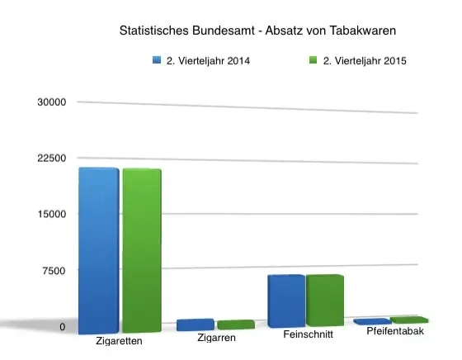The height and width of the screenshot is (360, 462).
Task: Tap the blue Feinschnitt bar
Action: (285, 301)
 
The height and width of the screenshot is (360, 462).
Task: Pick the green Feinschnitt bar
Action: (324, 301)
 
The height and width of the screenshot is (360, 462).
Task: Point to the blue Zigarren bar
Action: (195, 324)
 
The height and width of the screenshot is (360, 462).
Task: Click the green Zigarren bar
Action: (235, 324)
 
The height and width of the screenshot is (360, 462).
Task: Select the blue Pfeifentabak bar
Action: (372, 321)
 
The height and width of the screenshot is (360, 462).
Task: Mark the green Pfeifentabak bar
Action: (409, 320)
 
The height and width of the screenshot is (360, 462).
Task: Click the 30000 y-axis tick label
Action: (51, 102)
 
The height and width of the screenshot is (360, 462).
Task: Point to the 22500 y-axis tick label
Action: (51, 158)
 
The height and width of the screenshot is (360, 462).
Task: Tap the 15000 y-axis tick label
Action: (51, 214)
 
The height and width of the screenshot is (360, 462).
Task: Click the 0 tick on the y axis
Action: (62, 327)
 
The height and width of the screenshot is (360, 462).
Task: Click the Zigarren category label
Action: (218, 339)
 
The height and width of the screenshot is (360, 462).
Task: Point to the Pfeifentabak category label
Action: (394, 332)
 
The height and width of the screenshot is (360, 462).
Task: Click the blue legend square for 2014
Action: (154, 60)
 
